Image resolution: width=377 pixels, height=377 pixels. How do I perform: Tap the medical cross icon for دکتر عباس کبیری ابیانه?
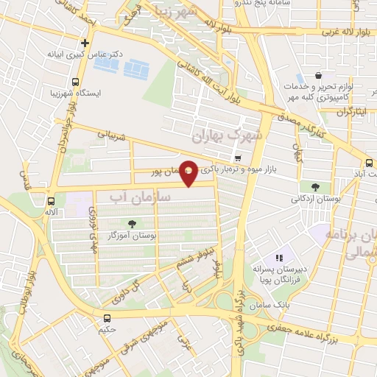(85, 43)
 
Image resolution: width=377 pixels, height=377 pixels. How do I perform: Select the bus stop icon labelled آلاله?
(51, 201)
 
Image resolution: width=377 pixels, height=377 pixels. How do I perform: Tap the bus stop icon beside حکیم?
(108, 318)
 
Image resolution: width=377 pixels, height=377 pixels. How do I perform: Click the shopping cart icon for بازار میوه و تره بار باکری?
(237, 159)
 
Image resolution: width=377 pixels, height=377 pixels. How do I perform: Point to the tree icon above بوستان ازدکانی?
(315, 186)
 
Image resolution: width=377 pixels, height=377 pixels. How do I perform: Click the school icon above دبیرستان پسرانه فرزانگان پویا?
(279, 258)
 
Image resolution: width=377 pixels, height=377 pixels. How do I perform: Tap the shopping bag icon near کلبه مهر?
(317, 75)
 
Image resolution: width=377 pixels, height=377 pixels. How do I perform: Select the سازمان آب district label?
(140, 197)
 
